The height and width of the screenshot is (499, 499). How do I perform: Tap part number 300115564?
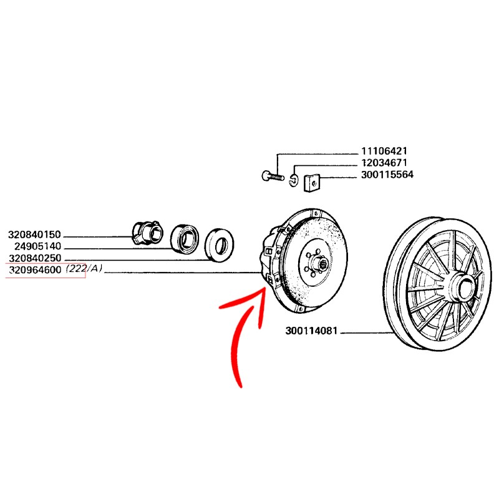(x=387, y=175)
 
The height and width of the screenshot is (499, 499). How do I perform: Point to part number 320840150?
(x=35, y=235)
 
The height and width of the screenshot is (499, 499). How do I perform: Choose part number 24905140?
(x=37, y=246)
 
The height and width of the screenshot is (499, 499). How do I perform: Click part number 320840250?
(x=35, y=258)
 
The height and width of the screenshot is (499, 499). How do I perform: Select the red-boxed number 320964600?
(x=35, y=270)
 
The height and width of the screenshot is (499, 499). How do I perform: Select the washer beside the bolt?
(x=294, y=181)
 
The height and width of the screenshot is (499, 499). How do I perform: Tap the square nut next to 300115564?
(x=310, y=183)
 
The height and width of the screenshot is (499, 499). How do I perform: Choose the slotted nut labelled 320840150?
(x=145, y=231)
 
